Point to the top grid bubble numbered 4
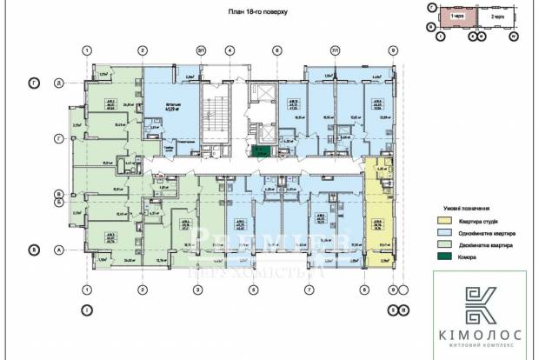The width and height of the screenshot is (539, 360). click(229, 50)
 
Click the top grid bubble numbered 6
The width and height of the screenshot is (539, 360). click(276, 50)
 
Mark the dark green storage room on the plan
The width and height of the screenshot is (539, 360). click(258, 152)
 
